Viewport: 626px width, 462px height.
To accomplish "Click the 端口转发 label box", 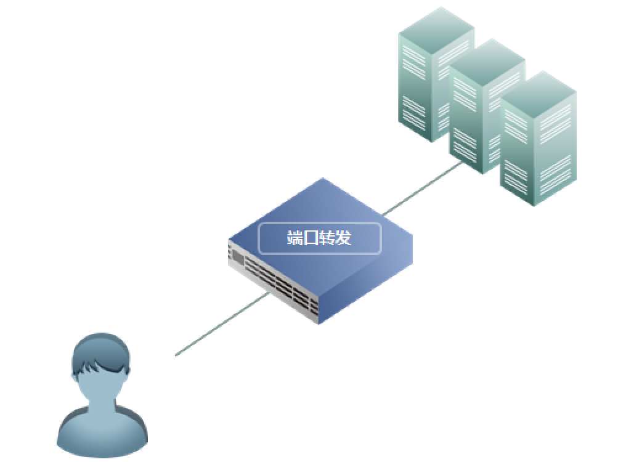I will pos(319,238).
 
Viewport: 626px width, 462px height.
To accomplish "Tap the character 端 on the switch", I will pos(295,238).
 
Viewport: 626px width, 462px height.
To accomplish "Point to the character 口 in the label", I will pos(311,238).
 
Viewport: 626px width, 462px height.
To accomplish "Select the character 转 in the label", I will pos(327,238).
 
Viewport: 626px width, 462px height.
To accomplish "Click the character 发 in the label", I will pos(343,238).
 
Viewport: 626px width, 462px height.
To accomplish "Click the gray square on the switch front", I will pos(238,255).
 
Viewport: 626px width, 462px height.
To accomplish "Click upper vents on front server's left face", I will pos(516,120).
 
